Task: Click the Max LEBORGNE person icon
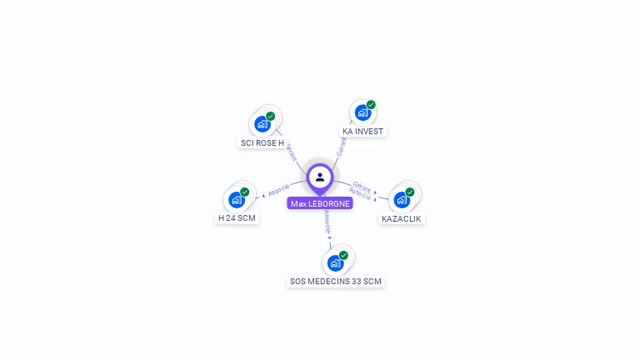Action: point(320,177)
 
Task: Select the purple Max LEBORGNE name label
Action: point(320,203)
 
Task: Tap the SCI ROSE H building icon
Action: point(262,124)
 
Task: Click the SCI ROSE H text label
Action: point(262,142)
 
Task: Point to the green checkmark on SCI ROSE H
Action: point(271,117)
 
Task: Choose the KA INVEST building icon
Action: point(362,112)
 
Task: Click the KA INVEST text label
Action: point(363,131)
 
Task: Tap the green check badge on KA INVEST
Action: point(371,105)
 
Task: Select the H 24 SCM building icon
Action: point(237,200)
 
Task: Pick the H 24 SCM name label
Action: point(237,218)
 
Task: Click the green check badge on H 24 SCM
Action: point(245,192)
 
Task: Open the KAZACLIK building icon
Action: point(402,200)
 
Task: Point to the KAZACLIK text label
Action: point(402,218)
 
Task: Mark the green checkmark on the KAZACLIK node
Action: point(410,192)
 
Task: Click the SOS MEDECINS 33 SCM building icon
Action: point(335,263)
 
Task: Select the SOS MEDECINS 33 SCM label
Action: point(335,282)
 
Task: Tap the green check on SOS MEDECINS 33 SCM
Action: point(343,256)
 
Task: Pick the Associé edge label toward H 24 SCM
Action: point(279,189)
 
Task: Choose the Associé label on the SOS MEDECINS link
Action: point(327,222)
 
